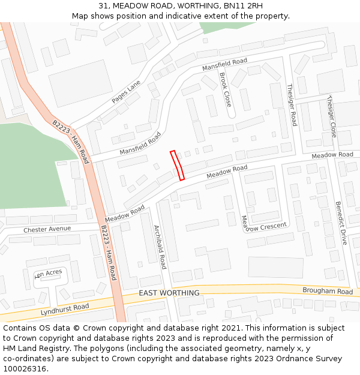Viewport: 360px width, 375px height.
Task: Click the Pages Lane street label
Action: click(x=127, y=91)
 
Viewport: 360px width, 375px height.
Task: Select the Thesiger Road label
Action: click(x=292, y=104)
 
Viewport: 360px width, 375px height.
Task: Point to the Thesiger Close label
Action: click(x=332, y=116)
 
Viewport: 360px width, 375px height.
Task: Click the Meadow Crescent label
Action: click(x=264, y=224)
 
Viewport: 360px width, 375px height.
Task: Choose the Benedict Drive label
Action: click(x=341, y=223)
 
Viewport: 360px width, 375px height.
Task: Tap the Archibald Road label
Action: click(x=160, y=247)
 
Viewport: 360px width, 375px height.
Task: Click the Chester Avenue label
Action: click(x=47, y=229)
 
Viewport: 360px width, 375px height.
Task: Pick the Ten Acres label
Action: click(x=49, y=274)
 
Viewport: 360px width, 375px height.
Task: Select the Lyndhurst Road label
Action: click(x=65, y=310)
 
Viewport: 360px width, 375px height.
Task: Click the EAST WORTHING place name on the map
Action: click(x=169, y=293)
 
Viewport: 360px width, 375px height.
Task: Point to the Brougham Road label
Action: click(x=328, y=292)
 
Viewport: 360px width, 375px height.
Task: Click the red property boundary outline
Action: click(x=177, y=165)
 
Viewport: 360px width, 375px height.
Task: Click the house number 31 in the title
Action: click(x=104, y=6)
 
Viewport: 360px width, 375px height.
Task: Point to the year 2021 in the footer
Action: click(x=230, y=328)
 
